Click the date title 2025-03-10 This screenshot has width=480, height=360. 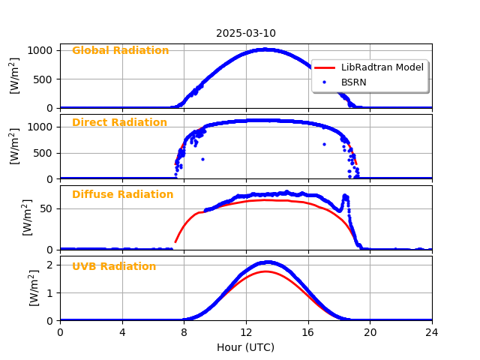[246, 33]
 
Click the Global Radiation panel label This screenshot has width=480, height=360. [120, 51]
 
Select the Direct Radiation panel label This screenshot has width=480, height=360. [119, 123]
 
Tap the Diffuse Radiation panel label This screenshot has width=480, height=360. [122, 195]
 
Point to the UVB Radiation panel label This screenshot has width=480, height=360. [114, 267]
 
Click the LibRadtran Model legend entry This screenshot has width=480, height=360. [382, 67]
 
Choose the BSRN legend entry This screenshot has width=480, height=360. [353, 82]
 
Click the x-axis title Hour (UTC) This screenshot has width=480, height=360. [246, 347]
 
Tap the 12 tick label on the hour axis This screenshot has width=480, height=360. [246, 332]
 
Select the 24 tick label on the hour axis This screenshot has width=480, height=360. [432, 332]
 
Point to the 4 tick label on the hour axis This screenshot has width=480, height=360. [122, 332]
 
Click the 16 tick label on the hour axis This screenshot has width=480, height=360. [308, 332]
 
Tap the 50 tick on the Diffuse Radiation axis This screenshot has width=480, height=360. [46, 208]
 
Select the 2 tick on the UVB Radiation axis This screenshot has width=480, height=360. [49, 265]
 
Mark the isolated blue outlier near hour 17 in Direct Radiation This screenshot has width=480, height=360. [324, 144]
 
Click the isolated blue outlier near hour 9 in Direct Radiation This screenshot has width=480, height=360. [202, 159]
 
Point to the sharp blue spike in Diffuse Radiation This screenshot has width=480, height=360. [345, 196]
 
